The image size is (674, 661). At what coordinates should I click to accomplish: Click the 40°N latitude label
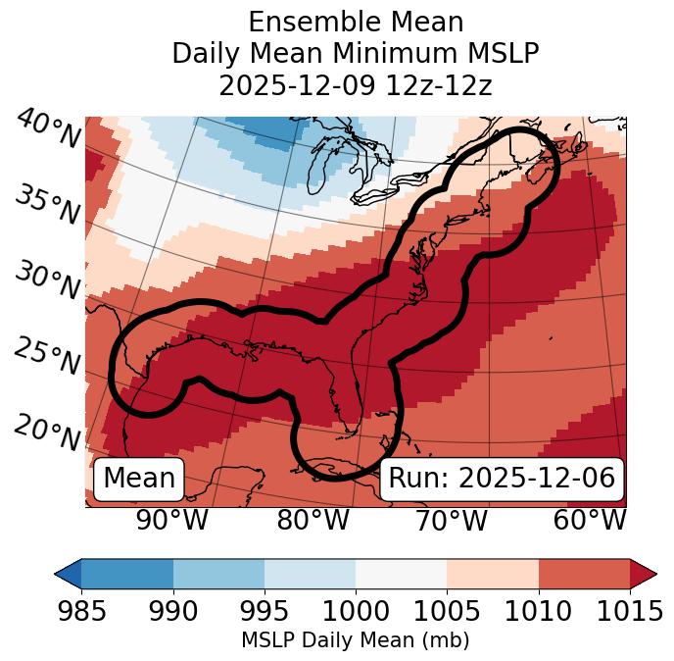click(x=48, y=129)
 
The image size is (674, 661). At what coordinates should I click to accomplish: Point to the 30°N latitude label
click(x=48, y=281)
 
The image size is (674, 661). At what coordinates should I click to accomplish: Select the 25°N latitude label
click(x=48, y=357)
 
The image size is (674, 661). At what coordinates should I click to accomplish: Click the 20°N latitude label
click(x=48, y=432)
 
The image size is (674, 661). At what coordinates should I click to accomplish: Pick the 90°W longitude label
click(x=171, y=521)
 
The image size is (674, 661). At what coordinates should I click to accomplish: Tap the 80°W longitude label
click(x=313, y=521)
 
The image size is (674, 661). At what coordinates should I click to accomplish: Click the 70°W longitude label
click(x=451, y=521)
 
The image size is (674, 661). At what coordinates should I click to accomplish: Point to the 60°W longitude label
click(x=590, y=521)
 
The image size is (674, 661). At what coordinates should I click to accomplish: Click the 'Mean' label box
click(x=139, y=479)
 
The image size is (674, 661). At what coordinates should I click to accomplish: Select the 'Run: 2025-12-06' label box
click(x=502, y=479)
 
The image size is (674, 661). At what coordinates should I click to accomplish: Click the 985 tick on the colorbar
click(x=81, y=611)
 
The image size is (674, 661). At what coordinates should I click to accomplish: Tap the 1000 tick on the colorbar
click(x=356, y=611)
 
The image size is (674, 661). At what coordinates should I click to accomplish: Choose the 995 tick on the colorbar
click(x=265, y=611)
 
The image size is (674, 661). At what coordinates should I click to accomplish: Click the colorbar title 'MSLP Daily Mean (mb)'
click(x=355, y=641)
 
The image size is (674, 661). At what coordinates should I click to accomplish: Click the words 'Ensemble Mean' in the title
click(x=356, y=22)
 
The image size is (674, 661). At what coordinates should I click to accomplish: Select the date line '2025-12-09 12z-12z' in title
click(x=356, y=85)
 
